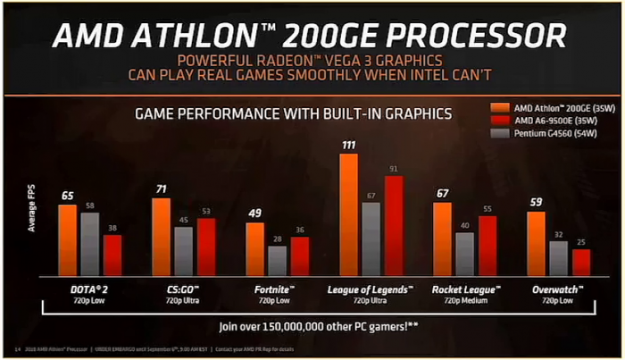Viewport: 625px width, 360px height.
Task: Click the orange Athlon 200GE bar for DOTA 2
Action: [x=68, y=239]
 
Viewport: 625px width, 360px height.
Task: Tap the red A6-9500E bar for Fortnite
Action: [x=299, y=255]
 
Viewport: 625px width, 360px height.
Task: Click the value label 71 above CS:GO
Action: [x=161, y=189]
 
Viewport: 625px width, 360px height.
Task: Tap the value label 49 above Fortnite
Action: [x=254, y=213]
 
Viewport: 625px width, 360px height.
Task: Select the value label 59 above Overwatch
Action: [x=536, y=202]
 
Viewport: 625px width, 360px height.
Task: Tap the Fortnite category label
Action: [x=277, y=289]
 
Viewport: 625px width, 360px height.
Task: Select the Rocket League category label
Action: [x=465, y=289]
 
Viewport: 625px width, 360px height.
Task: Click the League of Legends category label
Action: [x=371, y=289]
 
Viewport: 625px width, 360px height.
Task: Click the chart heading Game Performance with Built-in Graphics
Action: [x=292, y=113]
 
